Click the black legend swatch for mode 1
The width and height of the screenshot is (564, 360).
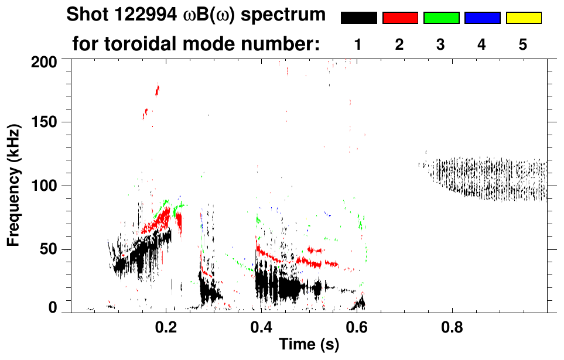coord(358,18)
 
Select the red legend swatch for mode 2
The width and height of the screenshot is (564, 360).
coord(400,18)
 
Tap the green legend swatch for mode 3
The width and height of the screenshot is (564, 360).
coord(441,18)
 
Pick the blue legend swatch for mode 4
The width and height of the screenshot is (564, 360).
coord(482,18)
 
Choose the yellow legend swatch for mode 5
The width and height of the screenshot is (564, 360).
coord(523,18)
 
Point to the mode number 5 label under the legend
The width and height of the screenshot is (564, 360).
coord(523,44)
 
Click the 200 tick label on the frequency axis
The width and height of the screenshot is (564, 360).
coord(44,61)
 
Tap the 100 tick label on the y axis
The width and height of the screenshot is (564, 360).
coord(44,186)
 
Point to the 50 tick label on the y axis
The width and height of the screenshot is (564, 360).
coord(48,250)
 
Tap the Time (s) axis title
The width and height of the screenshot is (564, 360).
coord(309,345)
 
